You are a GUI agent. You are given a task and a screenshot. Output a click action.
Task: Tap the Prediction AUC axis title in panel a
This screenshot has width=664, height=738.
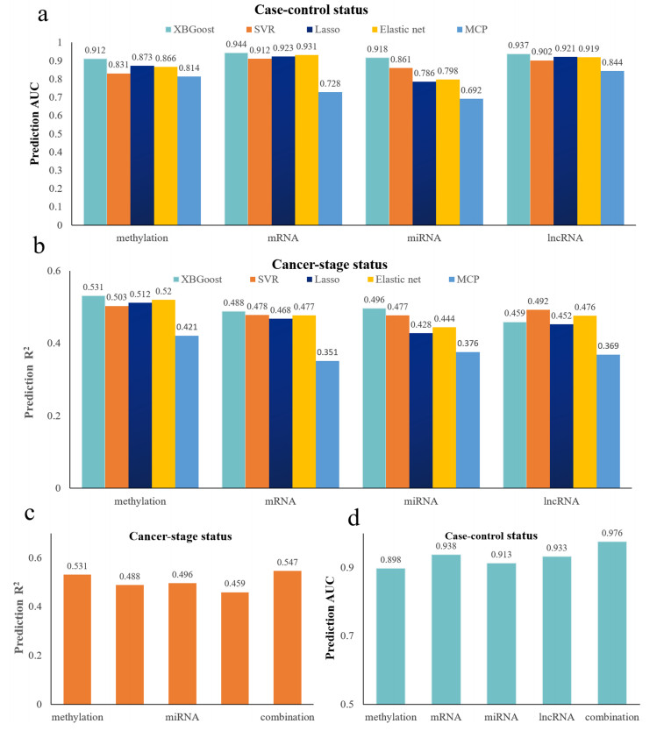36,119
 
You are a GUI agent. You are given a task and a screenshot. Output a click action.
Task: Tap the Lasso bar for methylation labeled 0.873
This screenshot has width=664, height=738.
141,145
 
